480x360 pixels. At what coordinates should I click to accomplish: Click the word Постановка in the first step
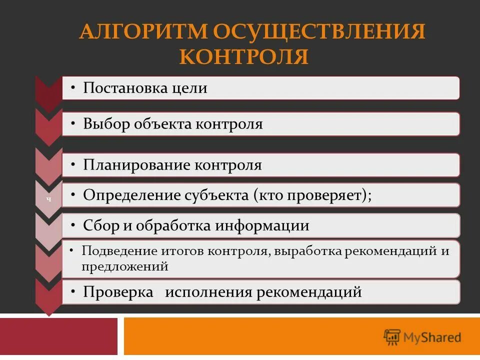point(124,88)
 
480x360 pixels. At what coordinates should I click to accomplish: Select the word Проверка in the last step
point(118,292)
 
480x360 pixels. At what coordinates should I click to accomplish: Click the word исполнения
point(208,292)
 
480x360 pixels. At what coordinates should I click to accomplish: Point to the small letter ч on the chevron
point(48,199)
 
